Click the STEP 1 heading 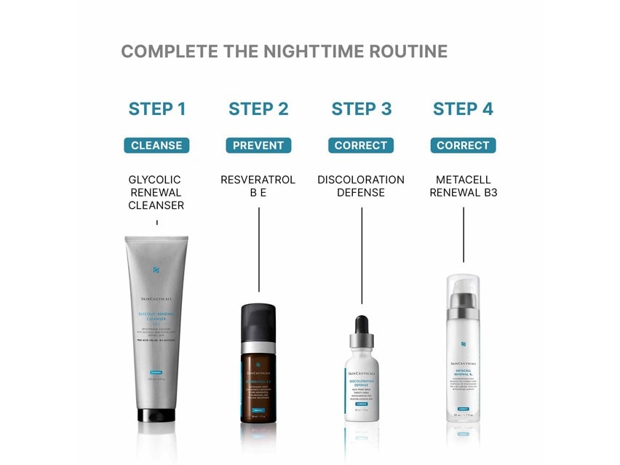pos(157,109)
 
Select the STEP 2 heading pos(258,109)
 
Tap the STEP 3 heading pos(361,109)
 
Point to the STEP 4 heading pos(463,109)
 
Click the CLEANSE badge pos(156,146)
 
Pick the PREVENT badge pos(258,146)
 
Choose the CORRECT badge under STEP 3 pos(361,146)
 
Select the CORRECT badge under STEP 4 pos(463,146)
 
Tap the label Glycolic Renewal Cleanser pos(156,192)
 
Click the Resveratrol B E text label pos(258,186)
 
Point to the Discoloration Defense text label pos(361,186)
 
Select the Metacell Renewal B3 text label pos(463,186)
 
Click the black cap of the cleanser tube pos(156,416)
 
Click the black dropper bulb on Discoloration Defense pos(362,324)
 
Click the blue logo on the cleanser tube pos(156,270)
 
